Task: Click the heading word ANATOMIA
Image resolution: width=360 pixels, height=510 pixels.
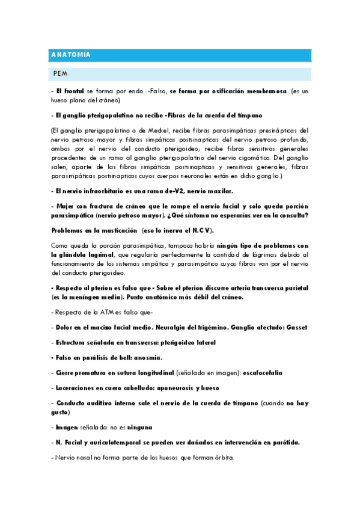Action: (70, 55)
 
